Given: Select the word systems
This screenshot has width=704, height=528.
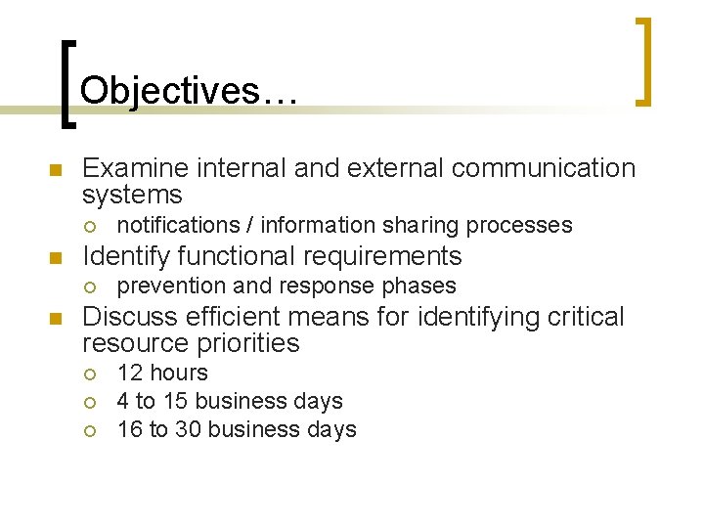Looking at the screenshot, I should click(x=132, y=195).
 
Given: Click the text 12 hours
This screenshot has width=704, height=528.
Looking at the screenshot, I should click(x=162, y=373).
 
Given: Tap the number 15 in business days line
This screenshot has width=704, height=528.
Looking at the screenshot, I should click(x=175, y=401).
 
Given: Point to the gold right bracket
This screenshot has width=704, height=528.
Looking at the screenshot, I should click(x=643, y=61).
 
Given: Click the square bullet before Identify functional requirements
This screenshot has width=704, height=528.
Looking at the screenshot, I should click(x=55, y=259).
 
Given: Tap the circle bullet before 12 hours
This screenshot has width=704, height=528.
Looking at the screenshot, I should click(x=89, y=374).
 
